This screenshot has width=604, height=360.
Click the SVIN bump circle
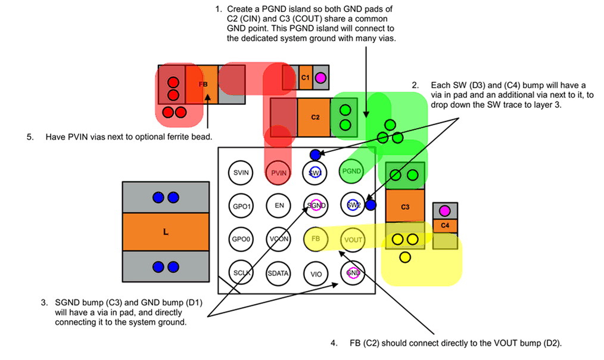pos(241,172)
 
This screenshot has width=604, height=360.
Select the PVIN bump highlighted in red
pos(278,172)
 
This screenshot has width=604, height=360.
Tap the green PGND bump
pos(352,172)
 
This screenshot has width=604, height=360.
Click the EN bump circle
pos(278,206)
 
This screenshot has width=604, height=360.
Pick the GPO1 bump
pos(241,206)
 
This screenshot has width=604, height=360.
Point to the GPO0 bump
pos(241,239)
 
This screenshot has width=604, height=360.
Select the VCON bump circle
pos(278,239)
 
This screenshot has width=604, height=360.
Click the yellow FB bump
pos(316,239)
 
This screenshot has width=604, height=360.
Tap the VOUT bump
pos(353,240)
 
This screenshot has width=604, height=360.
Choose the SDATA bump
pos(278,273)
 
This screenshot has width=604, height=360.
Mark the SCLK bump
pos(241,272)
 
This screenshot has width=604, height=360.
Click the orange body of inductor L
pos(165,232)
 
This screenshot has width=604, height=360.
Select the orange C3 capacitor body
pos(405,206)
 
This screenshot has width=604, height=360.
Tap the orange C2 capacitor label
pos(315,117)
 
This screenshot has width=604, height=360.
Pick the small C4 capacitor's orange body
pos(445,226)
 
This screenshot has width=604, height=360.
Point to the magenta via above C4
pos(444,210)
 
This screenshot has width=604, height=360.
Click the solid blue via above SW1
pos(315,154)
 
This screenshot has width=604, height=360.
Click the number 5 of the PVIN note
pos(30,136)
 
